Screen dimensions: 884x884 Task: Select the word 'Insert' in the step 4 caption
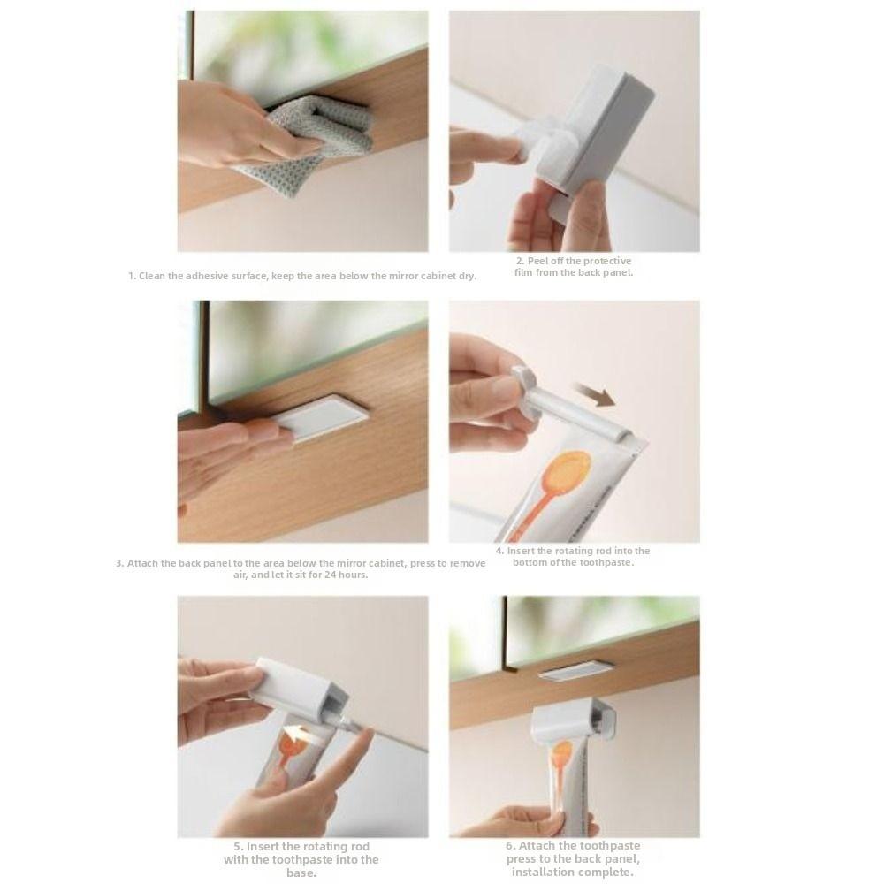(x=522, y=552)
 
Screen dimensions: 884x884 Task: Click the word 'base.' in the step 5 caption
(x=301, y=873)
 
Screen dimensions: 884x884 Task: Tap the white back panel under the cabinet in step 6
(x=575, y=671)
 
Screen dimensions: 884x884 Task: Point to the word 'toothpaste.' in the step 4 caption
(x=602, y=563)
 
